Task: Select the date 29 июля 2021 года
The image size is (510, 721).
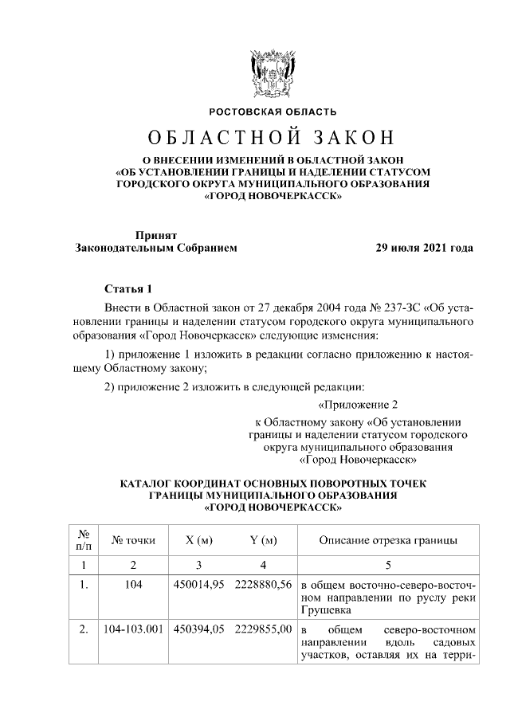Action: point(425,248)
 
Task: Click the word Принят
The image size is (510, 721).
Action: point(156,235)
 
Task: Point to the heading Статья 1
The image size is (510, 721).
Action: point(127,287)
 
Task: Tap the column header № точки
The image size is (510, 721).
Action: point(134,541)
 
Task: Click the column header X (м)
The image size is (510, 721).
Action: point(198,541)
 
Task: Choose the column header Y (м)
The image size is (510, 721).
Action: point(263,541)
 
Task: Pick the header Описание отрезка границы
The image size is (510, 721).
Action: point(387,541)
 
